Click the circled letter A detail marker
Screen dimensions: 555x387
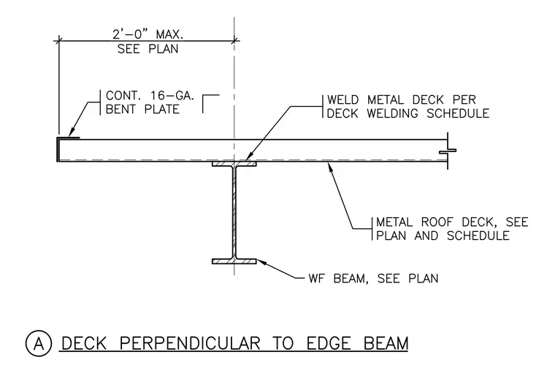(39, 343)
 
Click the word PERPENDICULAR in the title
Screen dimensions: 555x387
(189, 343)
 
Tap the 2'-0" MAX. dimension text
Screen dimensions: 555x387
(148, 34)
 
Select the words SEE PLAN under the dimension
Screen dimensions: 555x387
(148, 49)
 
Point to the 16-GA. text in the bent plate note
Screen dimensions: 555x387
(172, 96)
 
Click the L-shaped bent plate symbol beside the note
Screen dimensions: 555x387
(210, 104)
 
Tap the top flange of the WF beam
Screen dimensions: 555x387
(234, 164)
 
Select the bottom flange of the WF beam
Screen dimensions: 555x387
(234, 261)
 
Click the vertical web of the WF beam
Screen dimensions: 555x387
(234, 213)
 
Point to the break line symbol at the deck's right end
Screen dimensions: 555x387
(448, 151)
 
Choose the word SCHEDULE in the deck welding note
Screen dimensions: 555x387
(458, 113)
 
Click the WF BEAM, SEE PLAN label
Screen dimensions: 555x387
(373, 279)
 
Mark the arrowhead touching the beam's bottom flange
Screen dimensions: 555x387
(261, 263)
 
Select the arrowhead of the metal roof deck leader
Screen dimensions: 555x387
(331, 167)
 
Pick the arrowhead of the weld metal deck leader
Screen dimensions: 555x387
(249, 157)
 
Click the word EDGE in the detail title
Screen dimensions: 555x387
(329, 343)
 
